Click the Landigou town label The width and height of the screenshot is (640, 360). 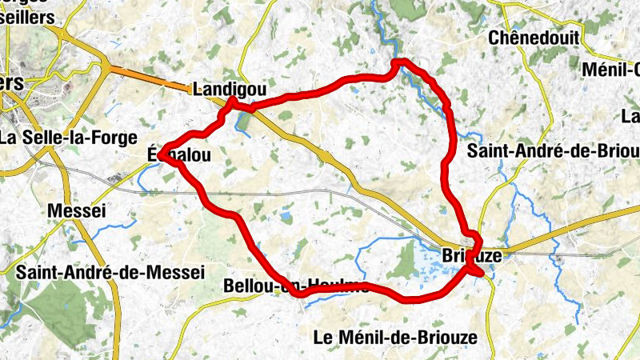(229, 89)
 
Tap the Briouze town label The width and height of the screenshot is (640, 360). (471, 256)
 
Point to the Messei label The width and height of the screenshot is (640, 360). (77, 210)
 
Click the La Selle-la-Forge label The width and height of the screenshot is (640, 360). (69, 137)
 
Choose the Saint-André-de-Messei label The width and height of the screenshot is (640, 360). (110, 271)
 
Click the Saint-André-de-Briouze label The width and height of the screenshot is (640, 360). (554, 150)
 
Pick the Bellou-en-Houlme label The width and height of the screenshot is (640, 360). (296, 286)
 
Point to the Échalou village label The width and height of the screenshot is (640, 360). (180, 156)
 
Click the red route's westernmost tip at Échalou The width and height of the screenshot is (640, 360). (161, 153)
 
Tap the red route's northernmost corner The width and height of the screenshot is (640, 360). (400, 62)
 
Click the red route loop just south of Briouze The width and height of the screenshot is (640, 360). (478, 272)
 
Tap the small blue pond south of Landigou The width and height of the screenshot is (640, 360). (241, 121)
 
